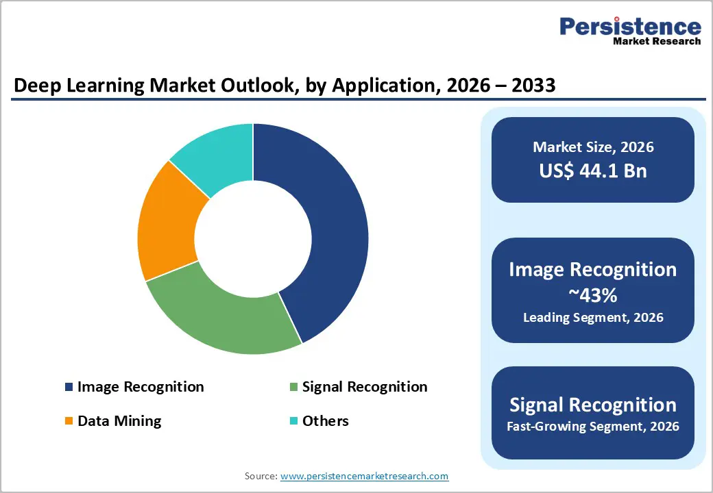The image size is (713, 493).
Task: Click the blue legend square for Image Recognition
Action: [69, 388]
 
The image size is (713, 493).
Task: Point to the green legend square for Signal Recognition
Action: [293, 388]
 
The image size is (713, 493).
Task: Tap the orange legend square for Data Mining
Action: [69, 421]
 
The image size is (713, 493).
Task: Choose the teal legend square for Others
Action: [293, 421]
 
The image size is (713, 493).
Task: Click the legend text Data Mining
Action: [119, 421]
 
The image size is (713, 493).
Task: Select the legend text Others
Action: [325, 421]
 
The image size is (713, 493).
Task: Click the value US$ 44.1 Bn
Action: [593, 170]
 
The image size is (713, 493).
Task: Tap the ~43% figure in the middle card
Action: [593, 295]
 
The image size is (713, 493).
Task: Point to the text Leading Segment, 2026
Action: [593, 318]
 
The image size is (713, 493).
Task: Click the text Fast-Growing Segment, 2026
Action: [593, 427]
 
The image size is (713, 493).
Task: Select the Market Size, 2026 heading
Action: [593, 147]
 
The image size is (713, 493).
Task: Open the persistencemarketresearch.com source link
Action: [365, 476]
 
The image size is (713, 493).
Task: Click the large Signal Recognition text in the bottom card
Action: [593, 404]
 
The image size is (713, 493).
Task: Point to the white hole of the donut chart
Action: [253, 238]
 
